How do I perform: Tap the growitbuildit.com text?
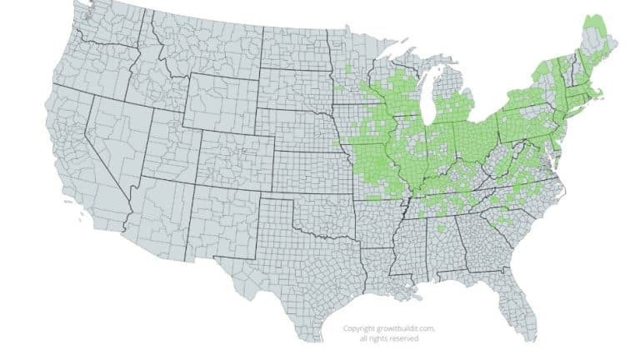pos(398,328)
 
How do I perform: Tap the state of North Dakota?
pos(296,50)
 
